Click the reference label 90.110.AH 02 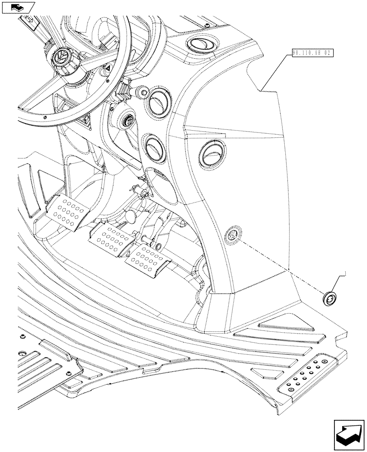(312, 53)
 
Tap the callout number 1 (345, 273)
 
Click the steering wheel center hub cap (61, 58)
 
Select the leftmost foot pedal (68, 212)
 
